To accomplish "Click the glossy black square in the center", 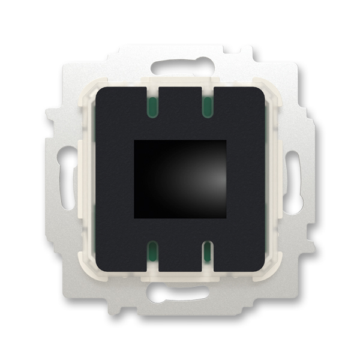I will (x=180, y=179).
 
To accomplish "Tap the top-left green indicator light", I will (x=153, y=107).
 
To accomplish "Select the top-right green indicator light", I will (x=206, y=107).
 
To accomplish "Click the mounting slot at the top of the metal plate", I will (x=180, y=65).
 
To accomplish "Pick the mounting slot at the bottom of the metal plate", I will (x=180, y=294).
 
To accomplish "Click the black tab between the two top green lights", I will (x=180, y=102).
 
